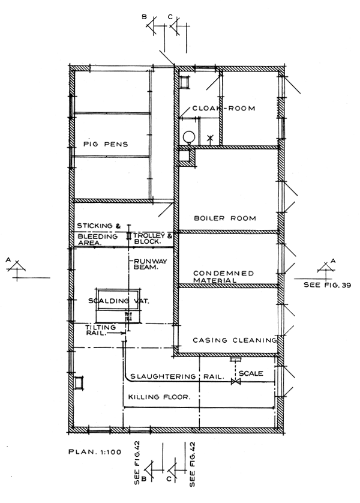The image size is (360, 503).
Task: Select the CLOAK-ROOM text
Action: coord(224,109)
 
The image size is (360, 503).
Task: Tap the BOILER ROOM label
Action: coord(225,218)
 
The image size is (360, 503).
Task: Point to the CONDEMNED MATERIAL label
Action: coord(223,277)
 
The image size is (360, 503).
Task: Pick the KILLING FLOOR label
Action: coord(159,397)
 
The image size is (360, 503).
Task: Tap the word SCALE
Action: coord(251,373)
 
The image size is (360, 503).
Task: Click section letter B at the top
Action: coord(144,17)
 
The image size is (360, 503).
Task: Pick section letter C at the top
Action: coord(170,17)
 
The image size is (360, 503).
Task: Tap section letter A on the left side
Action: coord(8,260)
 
